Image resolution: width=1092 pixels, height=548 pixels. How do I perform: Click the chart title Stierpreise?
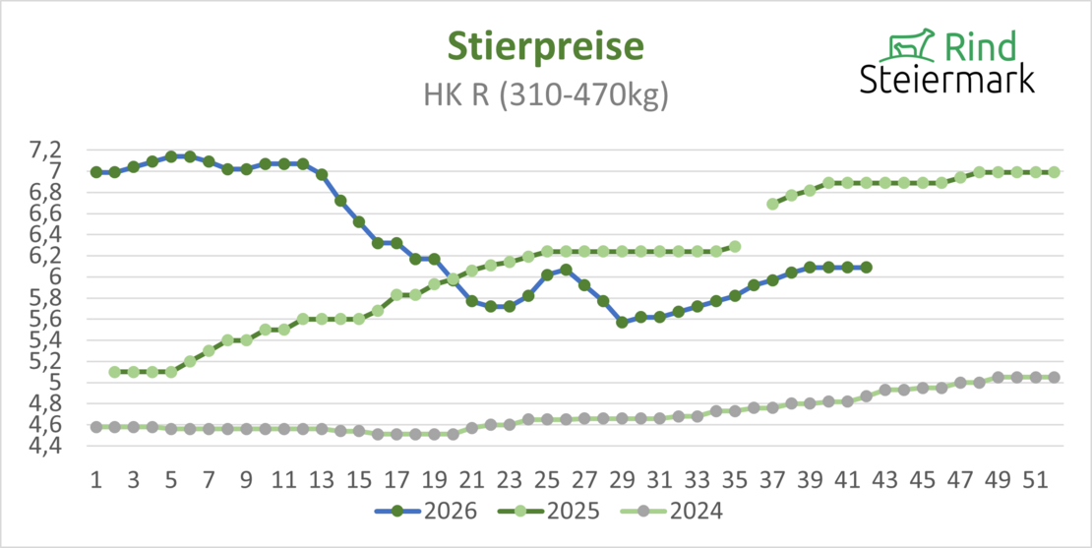(x=545, y=46)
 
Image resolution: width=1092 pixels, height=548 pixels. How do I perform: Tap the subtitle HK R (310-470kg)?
(x=545, y=95)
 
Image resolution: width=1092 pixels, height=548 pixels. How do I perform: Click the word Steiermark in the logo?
(x=946, y=79)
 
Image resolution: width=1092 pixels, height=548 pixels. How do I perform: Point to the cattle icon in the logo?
(x=905, y=45)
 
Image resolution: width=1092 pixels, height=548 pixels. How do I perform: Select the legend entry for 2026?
(x=426, y=511)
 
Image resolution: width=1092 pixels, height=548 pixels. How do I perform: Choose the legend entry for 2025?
(x=548, y=511)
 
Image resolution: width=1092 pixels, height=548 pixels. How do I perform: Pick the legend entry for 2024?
(x=671, y=511)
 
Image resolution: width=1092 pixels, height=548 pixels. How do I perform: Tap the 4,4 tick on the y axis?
(x=65, y=447)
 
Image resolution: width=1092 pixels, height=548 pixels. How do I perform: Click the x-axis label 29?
(x=622, y=480)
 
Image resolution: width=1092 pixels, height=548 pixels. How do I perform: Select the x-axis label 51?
(x=1036, y=480)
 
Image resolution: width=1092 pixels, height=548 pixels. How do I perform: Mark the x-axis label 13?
(x=322, y=480)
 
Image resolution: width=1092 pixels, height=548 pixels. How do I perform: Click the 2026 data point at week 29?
(x=622, y=323)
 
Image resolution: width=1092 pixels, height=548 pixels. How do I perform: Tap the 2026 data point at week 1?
(x=96, y=172)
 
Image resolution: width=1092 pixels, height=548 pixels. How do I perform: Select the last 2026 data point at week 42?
(x=867, y=267)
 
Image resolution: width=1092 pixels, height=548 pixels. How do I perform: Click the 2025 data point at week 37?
(x=772, y=204)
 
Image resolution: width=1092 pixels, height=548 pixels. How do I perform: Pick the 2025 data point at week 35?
(x=735, y=247)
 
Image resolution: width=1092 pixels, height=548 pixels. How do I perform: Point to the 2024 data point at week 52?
(x=1055, y=378)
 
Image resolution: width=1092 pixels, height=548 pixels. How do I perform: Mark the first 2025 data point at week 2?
(x=115, y=372)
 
